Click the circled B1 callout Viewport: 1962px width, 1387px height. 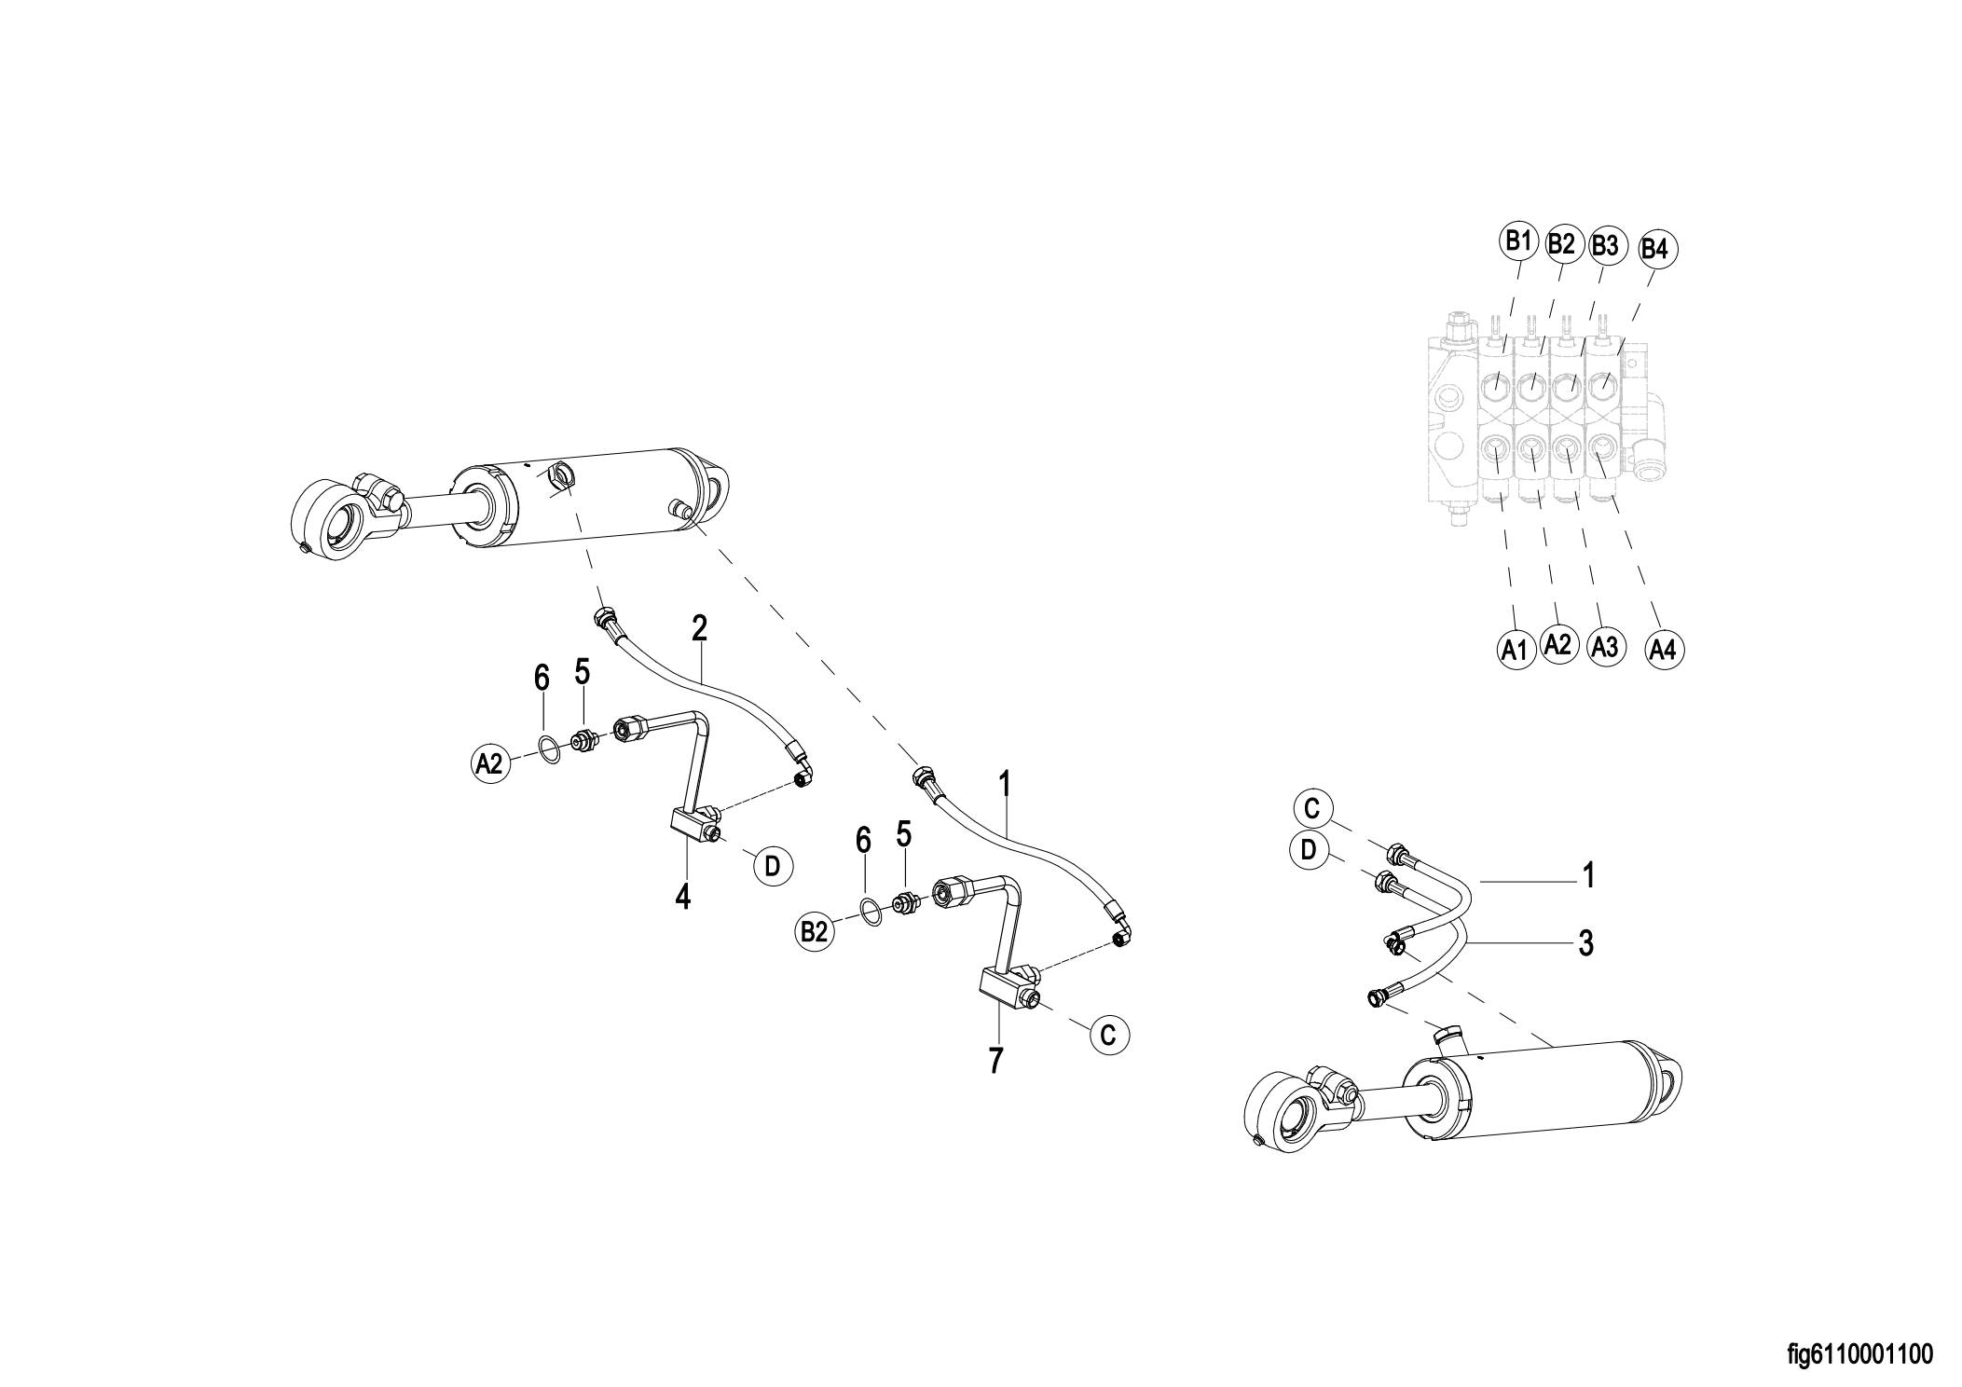pos(1517,241)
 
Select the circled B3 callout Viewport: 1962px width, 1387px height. pos(1605,246)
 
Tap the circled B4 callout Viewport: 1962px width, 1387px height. pos(1653,249)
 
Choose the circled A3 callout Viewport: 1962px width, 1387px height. pos(1604,647)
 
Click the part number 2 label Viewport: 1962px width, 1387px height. pos(699,629)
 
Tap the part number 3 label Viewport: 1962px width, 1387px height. pos(1585,943)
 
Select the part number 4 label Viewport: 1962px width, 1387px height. pos(683,898)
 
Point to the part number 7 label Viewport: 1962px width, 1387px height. pos(995,1060)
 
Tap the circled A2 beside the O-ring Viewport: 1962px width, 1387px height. pos(488,763)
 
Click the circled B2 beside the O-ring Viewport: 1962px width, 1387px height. pos(814,931)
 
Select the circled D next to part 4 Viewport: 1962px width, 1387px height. pos(772,866)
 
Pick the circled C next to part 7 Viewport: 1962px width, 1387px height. pos(1107,1035)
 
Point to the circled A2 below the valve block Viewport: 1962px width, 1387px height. pos(1557,644)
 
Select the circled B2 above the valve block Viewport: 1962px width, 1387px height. pos(1560,244)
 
